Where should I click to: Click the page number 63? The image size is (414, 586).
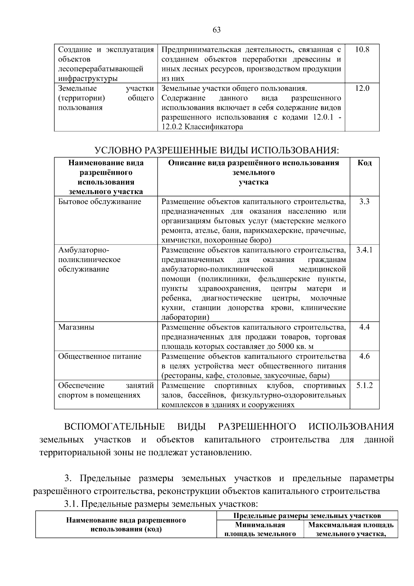pos(217,30)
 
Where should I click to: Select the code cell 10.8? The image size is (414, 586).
pos(362,49)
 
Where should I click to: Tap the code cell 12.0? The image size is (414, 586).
pos(362,88)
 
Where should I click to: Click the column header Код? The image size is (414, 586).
pos(364,163)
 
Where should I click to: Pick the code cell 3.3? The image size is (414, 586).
pos(364,201)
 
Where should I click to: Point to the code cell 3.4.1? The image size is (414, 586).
pos(364,250)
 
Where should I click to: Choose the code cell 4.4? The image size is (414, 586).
pos(364,327)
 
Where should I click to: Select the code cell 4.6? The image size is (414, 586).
pos(364,356)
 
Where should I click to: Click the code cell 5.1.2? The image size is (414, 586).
pos(364,385)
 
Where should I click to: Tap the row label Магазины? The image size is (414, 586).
pos(76,327)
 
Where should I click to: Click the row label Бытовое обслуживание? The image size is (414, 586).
pos(100,202)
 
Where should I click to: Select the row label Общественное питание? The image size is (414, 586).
pos(100,356)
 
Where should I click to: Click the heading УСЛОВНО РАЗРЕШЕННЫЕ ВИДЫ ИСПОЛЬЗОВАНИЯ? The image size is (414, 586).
pos(217,151)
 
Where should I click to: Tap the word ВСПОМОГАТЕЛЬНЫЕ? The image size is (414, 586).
pos(114,426)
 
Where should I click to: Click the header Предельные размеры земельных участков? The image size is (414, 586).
pos(307,516)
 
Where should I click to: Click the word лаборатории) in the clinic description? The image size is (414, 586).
pos(185,317)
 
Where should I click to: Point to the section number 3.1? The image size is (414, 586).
pos(71,504)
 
